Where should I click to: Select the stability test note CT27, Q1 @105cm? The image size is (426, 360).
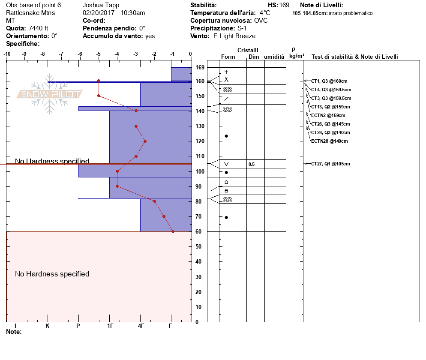pyautogui.click(x=330, y=164)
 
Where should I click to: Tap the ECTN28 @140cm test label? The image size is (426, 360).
pyautogui.click(x=329, y=141)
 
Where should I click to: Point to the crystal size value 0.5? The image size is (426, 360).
pyautogui.click(x=252, y=164)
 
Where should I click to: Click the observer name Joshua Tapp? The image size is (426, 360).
pyautogui.click(x=101, y=6)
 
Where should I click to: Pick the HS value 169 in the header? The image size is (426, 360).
pyautogui.click(x=284, y=6)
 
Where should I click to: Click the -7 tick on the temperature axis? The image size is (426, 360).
pyautogui.click(x=61, y=54)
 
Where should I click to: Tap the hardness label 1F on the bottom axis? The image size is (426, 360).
pyautogui.click(x=110, y=326)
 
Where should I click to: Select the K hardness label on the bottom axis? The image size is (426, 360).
pyautogui.click(x=48, y=326)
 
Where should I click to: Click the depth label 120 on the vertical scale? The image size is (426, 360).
pyautogui.click(x=199, y=141)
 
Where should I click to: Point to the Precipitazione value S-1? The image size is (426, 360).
pyautogui.click(x=242, y=28)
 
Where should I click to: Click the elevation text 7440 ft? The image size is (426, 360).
pyautogui.click(x=39, y=28)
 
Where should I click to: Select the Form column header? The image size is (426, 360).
pyautogui.click(x=228, y=57)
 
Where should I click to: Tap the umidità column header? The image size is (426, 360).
pyautogui.click(x=274, y=57)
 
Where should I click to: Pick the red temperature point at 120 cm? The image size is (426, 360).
pyautogui.click(x=145, y=141)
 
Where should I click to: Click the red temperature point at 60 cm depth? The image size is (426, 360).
pyautogui.click(x=173, y=231)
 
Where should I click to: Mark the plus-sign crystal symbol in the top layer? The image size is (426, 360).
pyautogui.click(x=226, y=72)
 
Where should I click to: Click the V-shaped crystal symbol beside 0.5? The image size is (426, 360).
pyautogui.click(x=226, y=164)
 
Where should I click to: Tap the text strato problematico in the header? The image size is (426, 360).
pyautogui.click(x=351, y=13)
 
